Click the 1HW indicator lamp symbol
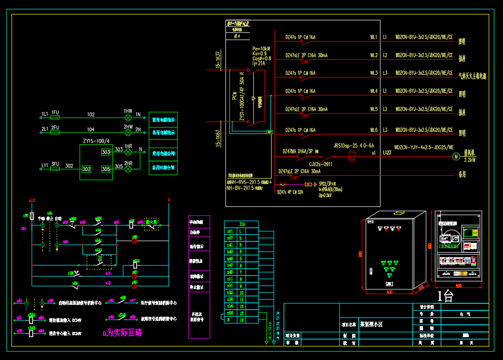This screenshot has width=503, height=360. [128, 117]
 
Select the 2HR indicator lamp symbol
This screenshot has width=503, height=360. [128, 169]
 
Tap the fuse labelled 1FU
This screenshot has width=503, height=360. [55, 117]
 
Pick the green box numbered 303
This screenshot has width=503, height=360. [106, 152]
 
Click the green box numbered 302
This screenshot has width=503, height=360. [86, 169]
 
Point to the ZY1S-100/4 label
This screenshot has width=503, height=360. [96, 141]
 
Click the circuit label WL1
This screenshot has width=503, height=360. [374, 37]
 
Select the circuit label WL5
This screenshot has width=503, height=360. [374, 110]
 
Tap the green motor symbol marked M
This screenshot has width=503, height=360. [455, 156]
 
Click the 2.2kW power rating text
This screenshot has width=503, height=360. [470, 160]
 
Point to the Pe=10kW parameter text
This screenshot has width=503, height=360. [261, 49]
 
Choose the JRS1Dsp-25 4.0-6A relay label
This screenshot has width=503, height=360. [354, 146]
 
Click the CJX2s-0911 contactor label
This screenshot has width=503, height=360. [320, 164]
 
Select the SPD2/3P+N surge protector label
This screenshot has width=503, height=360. [327, 183]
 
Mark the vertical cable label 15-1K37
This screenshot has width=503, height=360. [218, 60]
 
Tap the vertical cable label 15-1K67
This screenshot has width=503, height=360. [218, 138]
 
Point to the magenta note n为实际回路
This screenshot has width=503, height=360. [123, 332]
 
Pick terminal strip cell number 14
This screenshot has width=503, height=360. [241, 320]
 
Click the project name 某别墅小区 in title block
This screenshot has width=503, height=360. [371, 324]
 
